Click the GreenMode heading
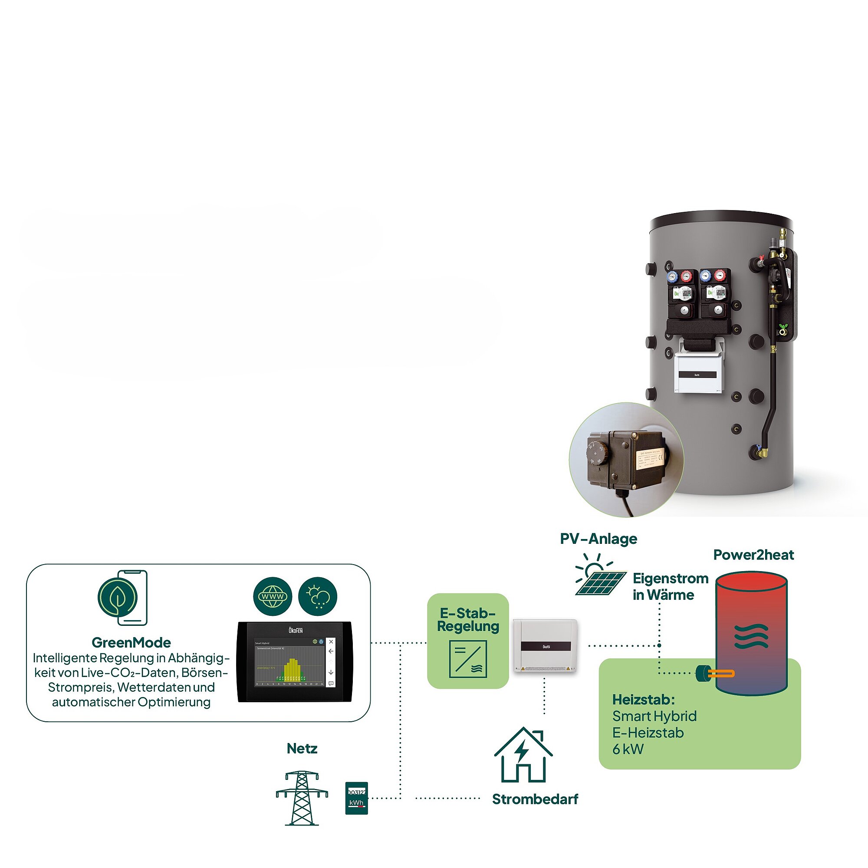click(x=131, y=642)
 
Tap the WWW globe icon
click(x=272, y=597)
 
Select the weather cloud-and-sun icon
click(x=318, y=597)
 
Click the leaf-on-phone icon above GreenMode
click(x=123, y=598)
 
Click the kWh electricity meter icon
click(x=356, y=798)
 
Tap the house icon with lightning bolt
click(x=523, y=756)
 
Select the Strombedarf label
click(x=535, y=799)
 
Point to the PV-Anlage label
click(x=598, y=539)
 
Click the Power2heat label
click(x=753, y=555)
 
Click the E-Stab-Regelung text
click(x=468, y=620)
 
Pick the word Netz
click(x=302, y=749)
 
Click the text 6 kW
click(x=628, y=750)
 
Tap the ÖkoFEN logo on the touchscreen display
click(x=295, y=630)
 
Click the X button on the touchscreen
click(x=331, y=641)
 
